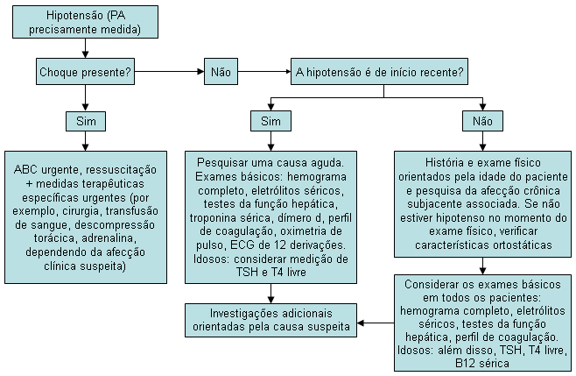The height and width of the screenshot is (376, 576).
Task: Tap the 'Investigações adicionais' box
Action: point(271,320)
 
